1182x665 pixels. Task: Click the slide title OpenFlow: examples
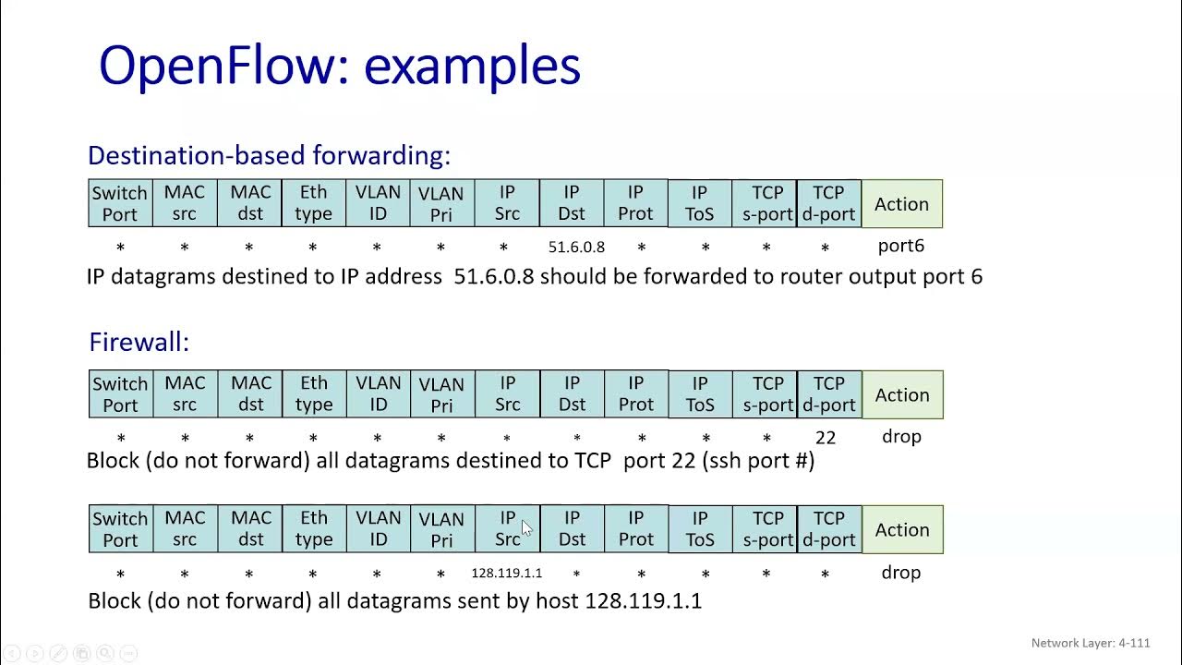(x=339, y=66)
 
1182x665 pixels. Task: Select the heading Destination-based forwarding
(x=269, y=155)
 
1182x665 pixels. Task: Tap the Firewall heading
(x=139, y=342)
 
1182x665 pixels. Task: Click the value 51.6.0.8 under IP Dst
(x=576, y=247)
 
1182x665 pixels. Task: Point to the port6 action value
(x=900, y=246)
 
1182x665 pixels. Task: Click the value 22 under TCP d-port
(x=826, y=437)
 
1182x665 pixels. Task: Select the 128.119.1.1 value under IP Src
(x=507, y=573)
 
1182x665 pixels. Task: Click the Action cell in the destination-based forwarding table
(x=901, y=204)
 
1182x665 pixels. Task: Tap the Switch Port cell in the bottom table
(x=120, y=529)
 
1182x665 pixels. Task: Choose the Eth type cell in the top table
(x=313, y=203)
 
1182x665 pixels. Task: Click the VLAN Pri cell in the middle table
(x=441, y=394)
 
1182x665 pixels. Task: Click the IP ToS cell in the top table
(x=699, y=203)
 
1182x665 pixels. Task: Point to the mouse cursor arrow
(x=526, y=527)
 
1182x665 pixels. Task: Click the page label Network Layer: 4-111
(x=1091, y=643)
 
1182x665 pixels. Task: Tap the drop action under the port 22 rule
(x=901, y=437)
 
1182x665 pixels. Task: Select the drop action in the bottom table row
(x=900, y=573)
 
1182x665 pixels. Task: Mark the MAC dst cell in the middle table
(x=251, y=394)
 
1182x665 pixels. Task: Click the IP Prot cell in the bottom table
(x=635, y=529)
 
